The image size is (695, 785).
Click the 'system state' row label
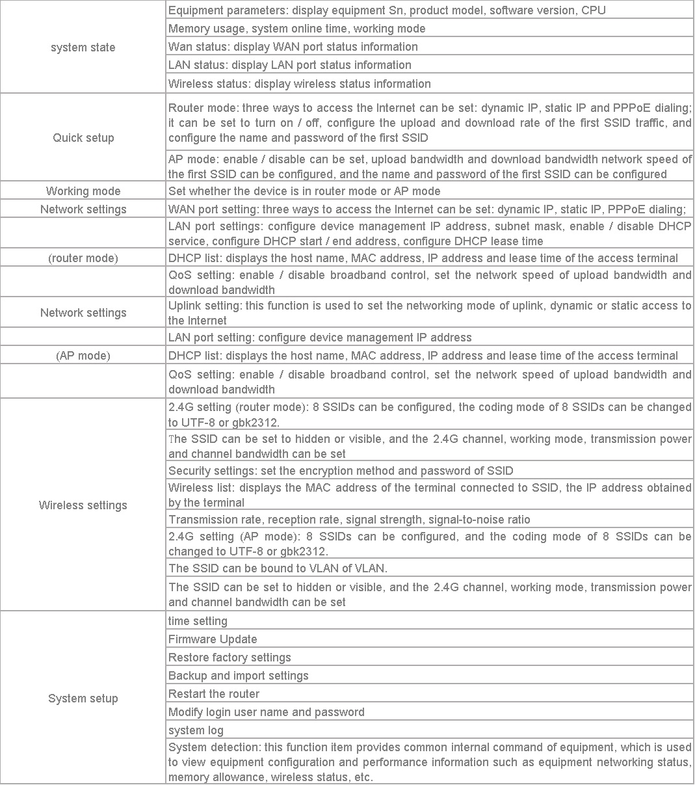point(83,47)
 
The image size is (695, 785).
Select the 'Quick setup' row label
point(83,138)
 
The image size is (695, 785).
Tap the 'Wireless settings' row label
point(83,505)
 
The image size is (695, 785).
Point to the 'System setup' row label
point(83,699)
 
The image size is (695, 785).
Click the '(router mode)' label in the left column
point(83,258)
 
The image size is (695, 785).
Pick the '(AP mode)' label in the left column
point(83,356)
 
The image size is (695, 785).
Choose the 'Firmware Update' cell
point(213,639)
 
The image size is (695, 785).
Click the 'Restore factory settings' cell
point(229,658)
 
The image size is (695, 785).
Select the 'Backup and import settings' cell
point(238,676)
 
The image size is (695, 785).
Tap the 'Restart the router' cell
point(213,694)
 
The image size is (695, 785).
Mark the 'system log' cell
point(196,730)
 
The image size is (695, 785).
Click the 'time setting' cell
point(198,621)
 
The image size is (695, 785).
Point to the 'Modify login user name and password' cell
point(266,712)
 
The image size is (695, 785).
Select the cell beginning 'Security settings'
point(340,471)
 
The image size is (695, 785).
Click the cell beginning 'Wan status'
point(293,47)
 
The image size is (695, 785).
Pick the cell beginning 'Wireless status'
point(299,84)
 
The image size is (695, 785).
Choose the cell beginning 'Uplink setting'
point(429,313)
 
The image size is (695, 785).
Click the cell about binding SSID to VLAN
point(278,568)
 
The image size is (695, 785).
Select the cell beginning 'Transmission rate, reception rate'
point(348,520)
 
